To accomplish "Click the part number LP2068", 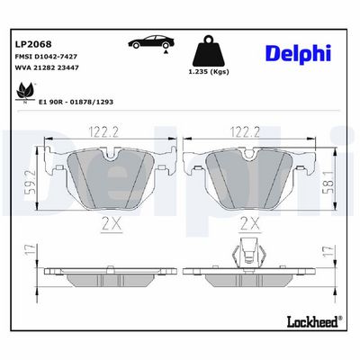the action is point(33,44).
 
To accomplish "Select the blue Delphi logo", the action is point(298,54).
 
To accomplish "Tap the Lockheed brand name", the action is point(314,321).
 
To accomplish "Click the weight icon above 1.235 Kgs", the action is point(209,50).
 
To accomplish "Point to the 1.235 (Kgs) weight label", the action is point(209,72).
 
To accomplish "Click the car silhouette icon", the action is point(151,41).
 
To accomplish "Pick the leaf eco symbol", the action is point(26,93).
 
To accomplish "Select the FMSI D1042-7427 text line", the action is point(46,57).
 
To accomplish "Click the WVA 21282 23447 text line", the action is point(47,67).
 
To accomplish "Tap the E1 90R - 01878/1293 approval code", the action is point(76,102).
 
